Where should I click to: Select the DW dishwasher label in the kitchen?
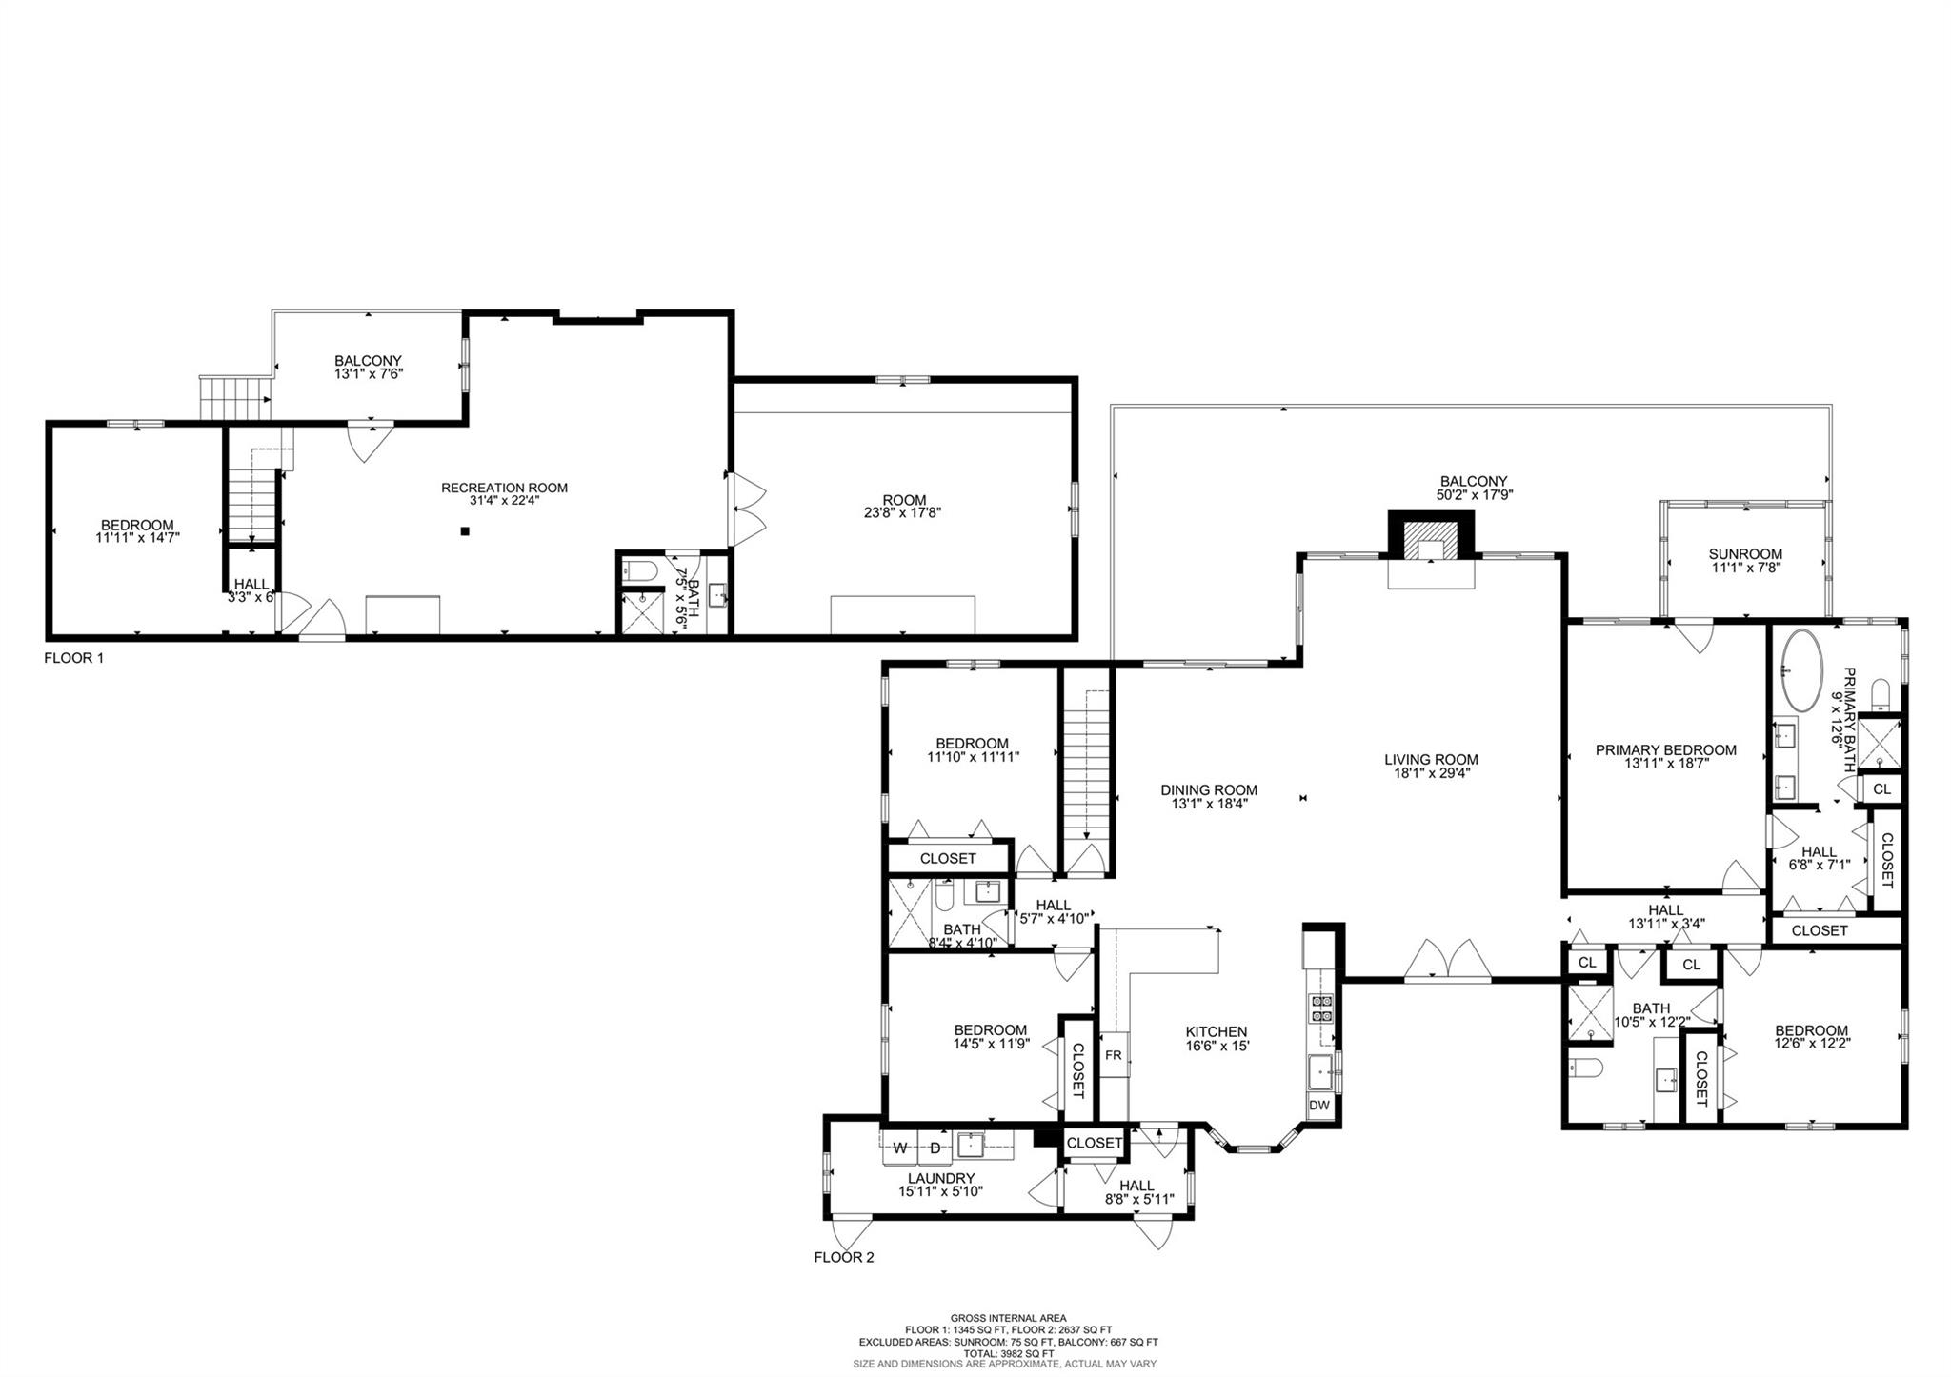pyautogui.click(x=1319, y=1106)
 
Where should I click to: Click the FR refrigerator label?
pyautogui.click(x=1114, y=1056)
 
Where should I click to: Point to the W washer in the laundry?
pyautogui.click(x=898, y=1148)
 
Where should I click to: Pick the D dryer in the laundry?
pyautogui.click(x=935, y=1148)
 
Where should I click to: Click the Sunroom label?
pyautogui.click(x=1744, y=553)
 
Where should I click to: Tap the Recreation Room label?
pyautogui.click(x=504, y=488)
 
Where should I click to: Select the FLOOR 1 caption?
pyautogui.click(x=73, y=658)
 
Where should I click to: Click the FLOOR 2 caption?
pyautogui.click(x=843, y=1257)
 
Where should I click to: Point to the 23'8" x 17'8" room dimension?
pyautogui.click(x=904, y=512)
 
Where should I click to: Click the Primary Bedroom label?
pyautogui.click(x=1665, y=749)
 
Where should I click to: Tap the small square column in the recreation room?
pyautogui.click(x=464, y=531)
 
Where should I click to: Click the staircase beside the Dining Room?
pyautogui.click(x=1086, y=762)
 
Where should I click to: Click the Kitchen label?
pyautogui.click(x=1216, y=1031)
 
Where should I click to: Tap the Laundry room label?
pyautogui.click(x=940, y=1178)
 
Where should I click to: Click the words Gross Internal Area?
pyautogui.click(x=1008, y=1318)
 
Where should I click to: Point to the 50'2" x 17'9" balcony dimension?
pyautogui.click(x=1474, y=495)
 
